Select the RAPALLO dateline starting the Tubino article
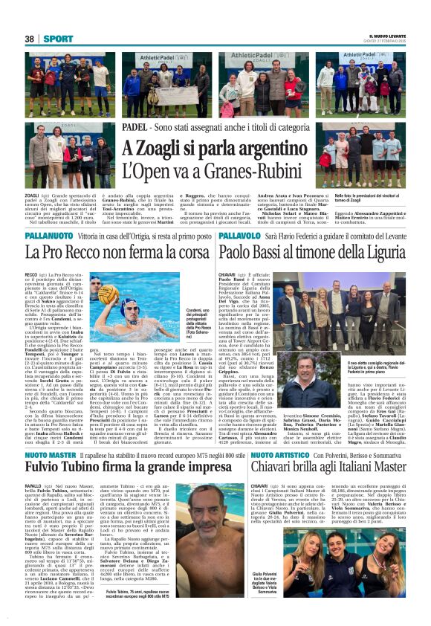point(34,485)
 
